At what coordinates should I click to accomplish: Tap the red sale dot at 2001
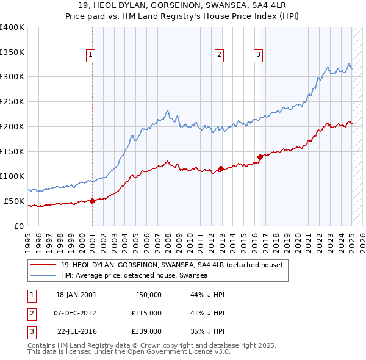[x=92, y=201]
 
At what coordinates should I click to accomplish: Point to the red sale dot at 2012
[x=221, y=168]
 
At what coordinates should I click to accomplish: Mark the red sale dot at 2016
[x=260, y=157]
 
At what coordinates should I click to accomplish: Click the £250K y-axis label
[x=12, y=101]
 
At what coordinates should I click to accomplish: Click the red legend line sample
[x=43, y=265]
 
